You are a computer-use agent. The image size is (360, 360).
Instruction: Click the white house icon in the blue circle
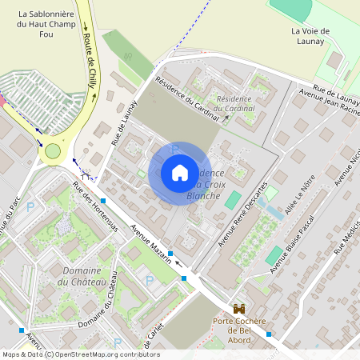point(180,172)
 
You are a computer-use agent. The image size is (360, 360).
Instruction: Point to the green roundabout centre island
point(53,150)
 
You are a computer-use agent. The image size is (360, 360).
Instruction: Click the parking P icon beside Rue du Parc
point(31,207)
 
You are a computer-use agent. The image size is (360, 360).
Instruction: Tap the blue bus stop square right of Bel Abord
point(269,334)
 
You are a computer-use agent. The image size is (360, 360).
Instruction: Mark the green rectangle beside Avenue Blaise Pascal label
point(274,255)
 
